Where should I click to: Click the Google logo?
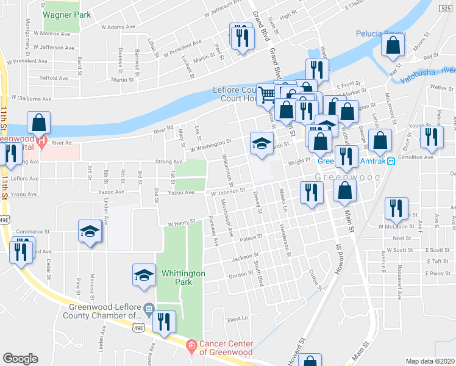tap(20, 359)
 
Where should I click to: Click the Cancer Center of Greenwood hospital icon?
tap(191, 346)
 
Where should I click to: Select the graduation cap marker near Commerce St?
tap(90, 232)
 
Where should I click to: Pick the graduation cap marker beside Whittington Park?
tap(144, 274)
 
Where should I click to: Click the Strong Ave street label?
tap(169, 162)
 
